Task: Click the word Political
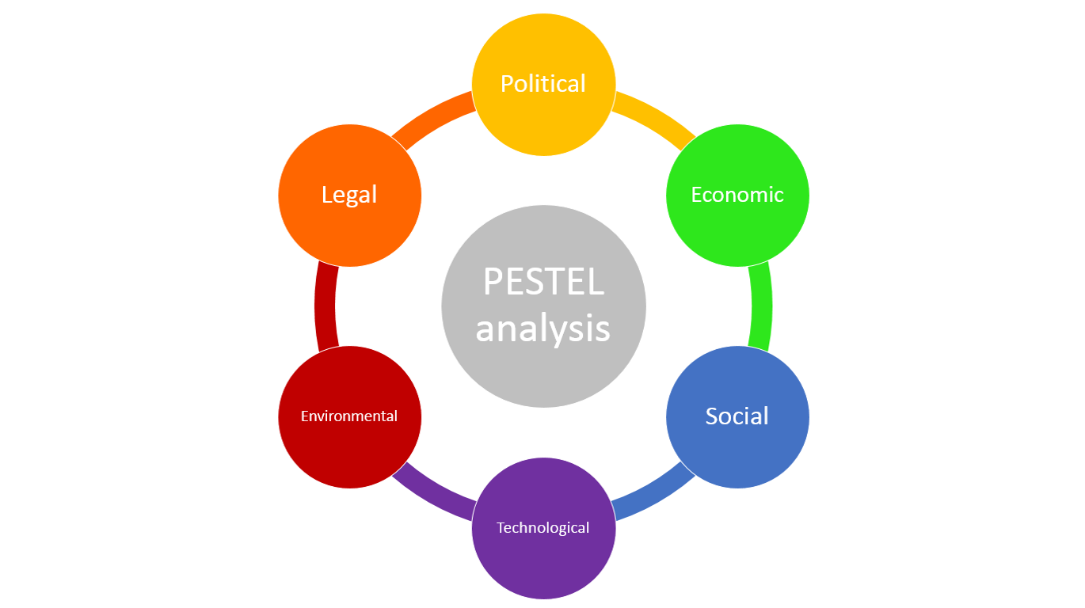(x=543, y=84)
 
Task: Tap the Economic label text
(x=737, y=195)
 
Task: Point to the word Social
(x=737, y=416)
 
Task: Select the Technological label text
(x=543, y=527)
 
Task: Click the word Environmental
(x=348, y=416)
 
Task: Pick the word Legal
(x=349, y=196)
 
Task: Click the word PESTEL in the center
(x=543, y=281)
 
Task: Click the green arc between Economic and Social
(x=761, y=306)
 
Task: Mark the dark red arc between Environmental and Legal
(x=325, y=306)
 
